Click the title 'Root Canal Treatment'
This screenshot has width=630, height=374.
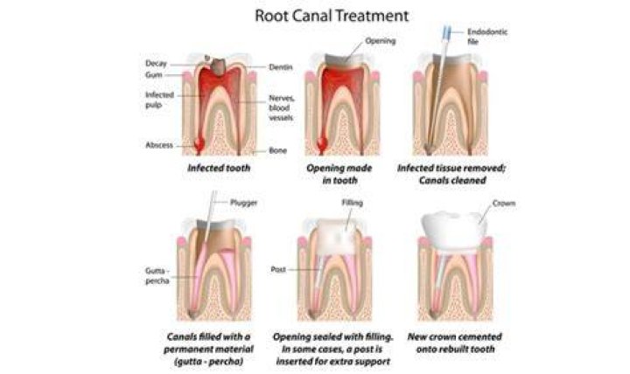click(332, 16)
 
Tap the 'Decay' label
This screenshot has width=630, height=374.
click(156, 64)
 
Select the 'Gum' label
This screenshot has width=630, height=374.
click(153, 74)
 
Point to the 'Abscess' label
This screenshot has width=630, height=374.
click(159, 145)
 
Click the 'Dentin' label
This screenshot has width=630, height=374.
click(281, 67)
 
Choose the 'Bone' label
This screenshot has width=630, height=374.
click(277, 150)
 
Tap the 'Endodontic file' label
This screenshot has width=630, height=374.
click(487, 36)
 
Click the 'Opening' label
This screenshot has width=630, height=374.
click(380, 40)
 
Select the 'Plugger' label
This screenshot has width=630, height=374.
click(243, 202)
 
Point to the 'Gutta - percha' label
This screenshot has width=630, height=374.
click(157, 275)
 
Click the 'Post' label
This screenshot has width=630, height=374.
click(278, 269)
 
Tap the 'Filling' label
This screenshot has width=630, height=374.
click(353, 203)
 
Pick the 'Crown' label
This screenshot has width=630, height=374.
click(504, 204)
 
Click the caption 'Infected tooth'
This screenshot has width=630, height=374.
click(219, 168)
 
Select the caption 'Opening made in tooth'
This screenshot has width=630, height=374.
click(339, 174)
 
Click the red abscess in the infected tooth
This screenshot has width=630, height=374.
click(199, 145)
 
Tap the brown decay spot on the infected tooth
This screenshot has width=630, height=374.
click(217, 66)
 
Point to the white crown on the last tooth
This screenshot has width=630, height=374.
click(454, 229)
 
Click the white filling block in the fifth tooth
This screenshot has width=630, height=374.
click(337, 237)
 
